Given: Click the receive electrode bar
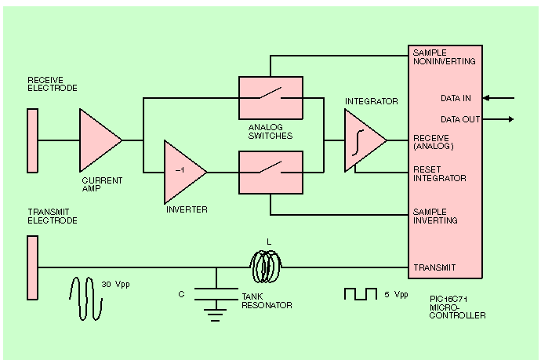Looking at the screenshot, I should pos(32,140).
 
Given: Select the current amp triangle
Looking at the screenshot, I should pos(97,140).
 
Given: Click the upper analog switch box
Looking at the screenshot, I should pos(270,97).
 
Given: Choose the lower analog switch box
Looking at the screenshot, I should pos(270,172).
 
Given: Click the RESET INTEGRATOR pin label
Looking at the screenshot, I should pos(439,174).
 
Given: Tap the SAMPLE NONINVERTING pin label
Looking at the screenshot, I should pos(443,56).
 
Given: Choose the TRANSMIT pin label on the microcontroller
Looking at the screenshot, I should pos(434,267).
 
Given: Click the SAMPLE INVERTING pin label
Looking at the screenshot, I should pos(436,216).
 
